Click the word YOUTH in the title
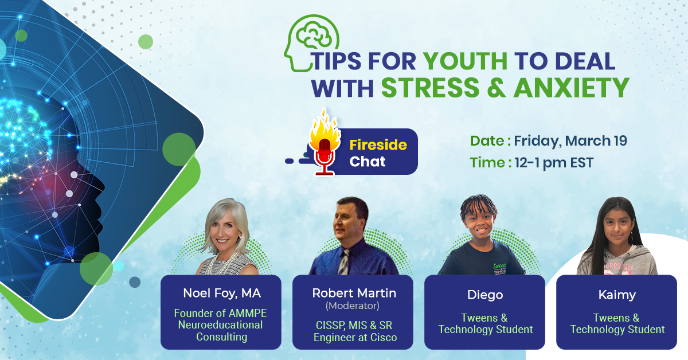(465, 61)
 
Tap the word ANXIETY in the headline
(571, 88)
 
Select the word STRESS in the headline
(430, 88)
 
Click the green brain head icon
(311, 43)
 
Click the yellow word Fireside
(378, 144)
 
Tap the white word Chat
(368, 162)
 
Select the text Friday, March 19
(570, 141)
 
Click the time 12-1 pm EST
(554, 163)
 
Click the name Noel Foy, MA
(222, 294)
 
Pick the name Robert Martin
(354, 293)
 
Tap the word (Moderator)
(353, 306)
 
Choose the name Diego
(485, 295)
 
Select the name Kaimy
(617, 295)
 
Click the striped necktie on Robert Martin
(344, 262)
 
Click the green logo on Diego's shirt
(501, 268)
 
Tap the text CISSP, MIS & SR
(354, 325)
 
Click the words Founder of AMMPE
(220, 314)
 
